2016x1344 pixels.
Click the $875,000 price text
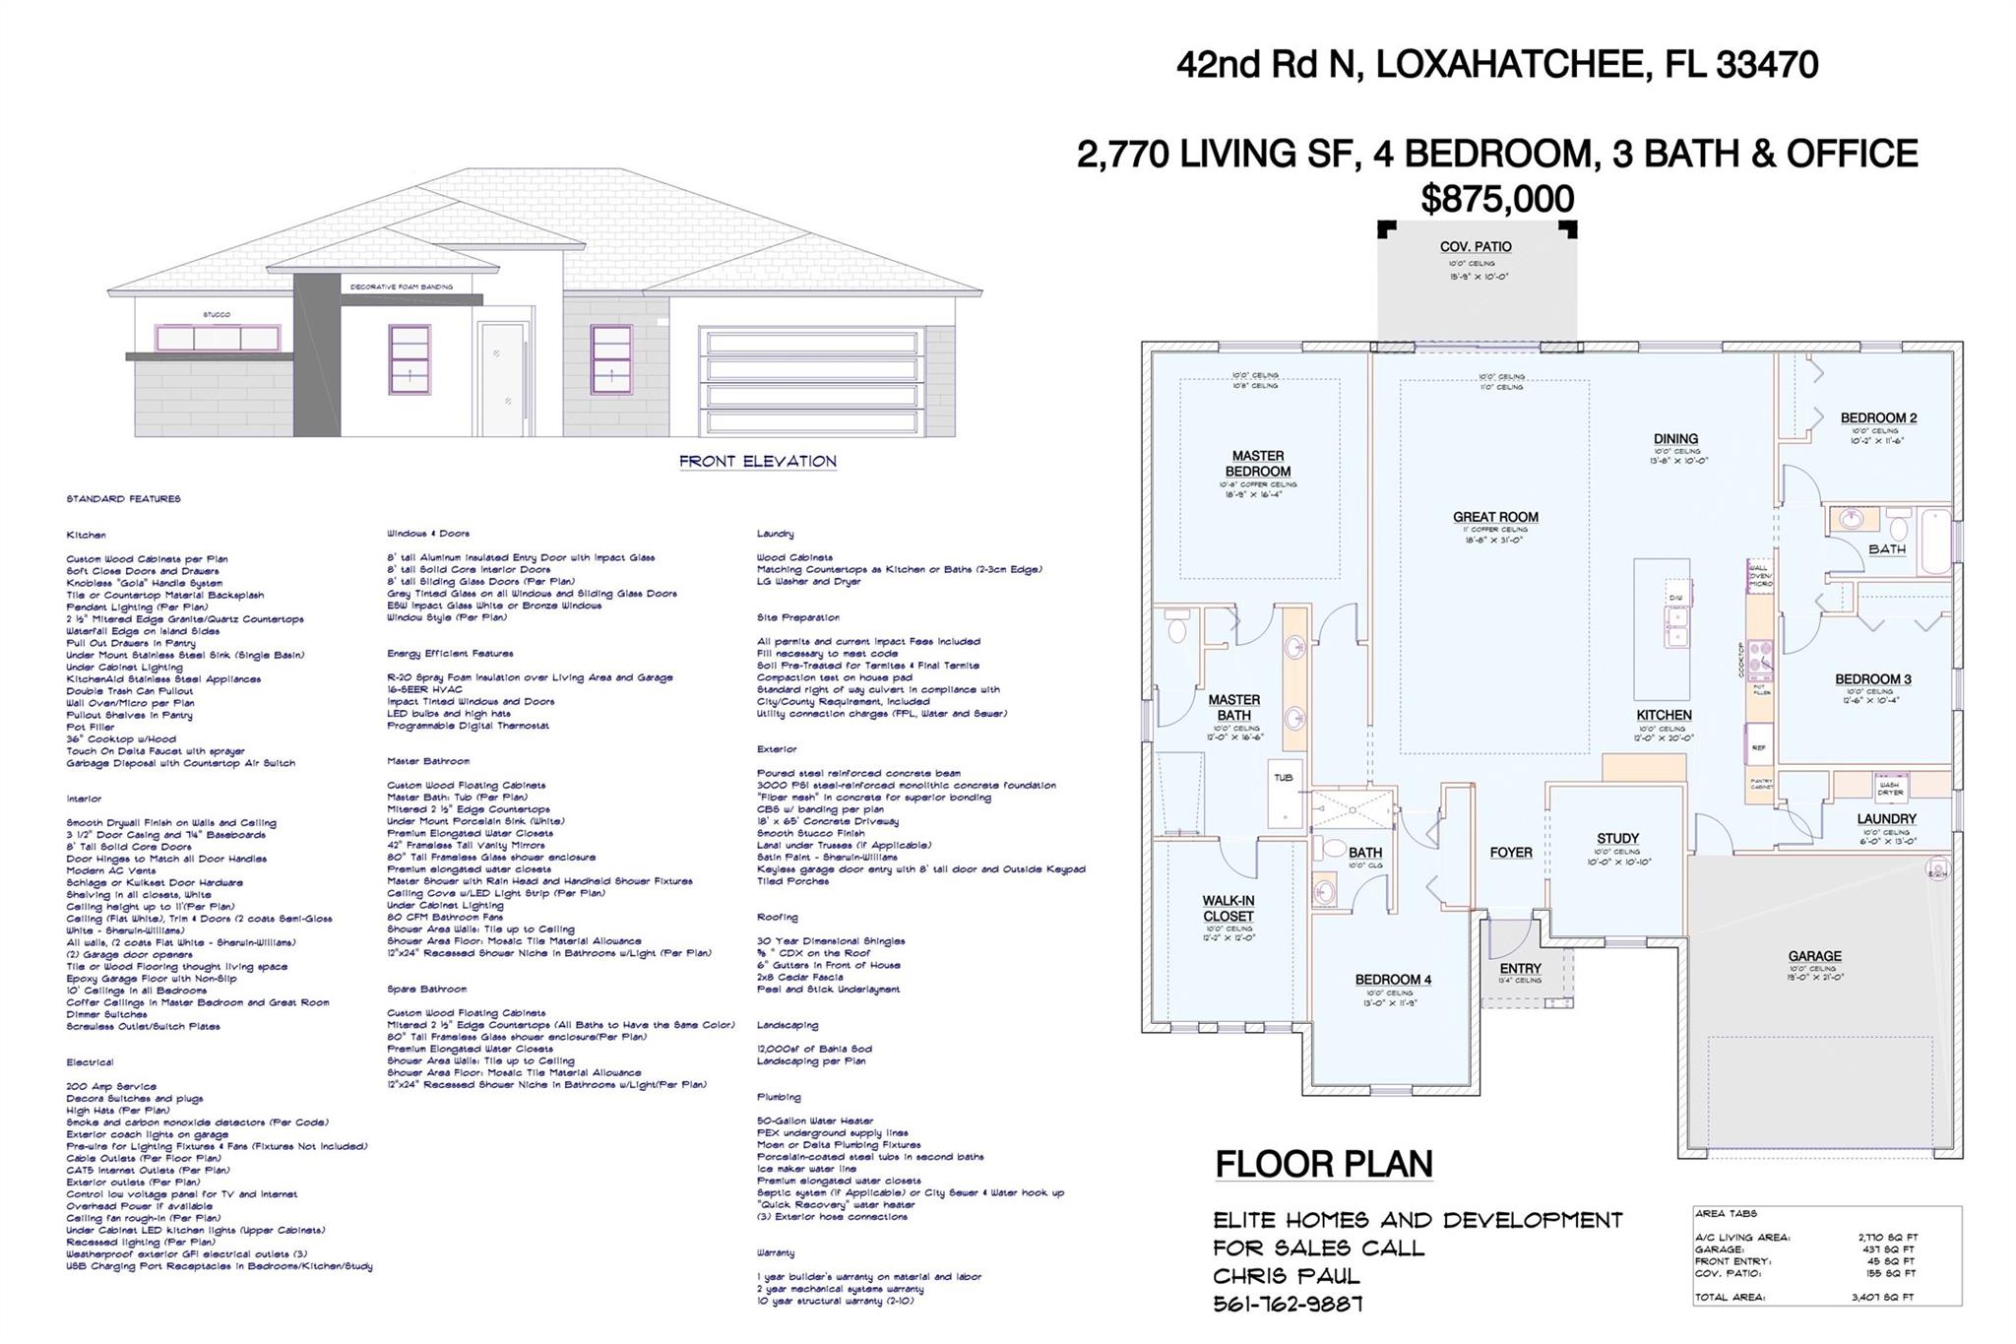click(1496, 200)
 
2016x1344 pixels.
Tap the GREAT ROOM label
click(1494, 517)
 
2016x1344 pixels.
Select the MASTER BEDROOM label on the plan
click(1257, 464)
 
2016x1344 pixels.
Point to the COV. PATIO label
click(1475, 247)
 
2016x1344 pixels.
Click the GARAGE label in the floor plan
click(1814, 956)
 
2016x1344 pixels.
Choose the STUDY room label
click(1617, 839)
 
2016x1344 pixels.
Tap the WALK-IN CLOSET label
click(1228, 908)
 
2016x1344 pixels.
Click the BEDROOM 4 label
click(1392, 980)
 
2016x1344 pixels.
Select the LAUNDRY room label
click(1886, 819)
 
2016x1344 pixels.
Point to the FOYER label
click(1510, 853)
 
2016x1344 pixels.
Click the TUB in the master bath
click(1284, 778)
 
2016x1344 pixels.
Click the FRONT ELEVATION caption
click(757, 461)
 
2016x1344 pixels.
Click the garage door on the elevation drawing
click(812, 382)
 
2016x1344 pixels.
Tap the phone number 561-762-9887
click(1288, 1304)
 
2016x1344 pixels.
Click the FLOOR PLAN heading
click(1323, 1164)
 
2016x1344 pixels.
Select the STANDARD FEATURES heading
click(123, 499)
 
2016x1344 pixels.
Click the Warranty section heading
click(776, 1252)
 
